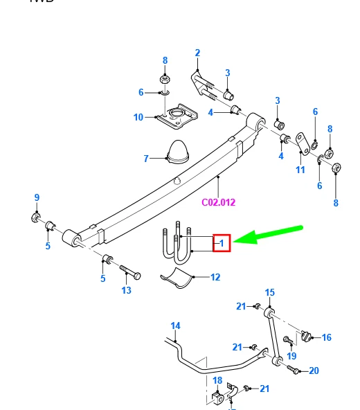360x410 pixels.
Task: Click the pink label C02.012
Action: (x=218, y=203)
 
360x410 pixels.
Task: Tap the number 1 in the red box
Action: (x=222, y=242)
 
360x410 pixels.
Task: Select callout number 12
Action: (x=215, y=277)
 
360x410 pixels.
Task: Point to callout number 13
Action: (x=126, y=290)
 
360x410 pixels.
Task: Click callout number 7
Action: (x=146, y=159)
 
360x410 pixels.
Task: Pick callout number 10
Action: (x=138, y=117)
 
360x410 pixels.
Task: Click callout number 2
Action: (x=197, y=53)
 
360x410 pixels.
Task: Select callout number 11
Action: (x=300, y=170)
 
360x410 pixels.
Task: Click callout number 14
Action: (x=175, y=326)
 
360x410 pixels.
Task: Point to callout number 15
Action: (x=270, y=292)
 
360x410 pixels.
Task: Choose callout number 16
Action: (x=327, y=337)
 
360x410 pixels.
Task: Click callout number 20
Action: (x=314, y=371)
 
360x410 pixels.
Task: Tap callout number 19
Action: (x=291, y=356)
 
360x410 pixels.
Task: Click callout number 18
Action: (x=217, y=381)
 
